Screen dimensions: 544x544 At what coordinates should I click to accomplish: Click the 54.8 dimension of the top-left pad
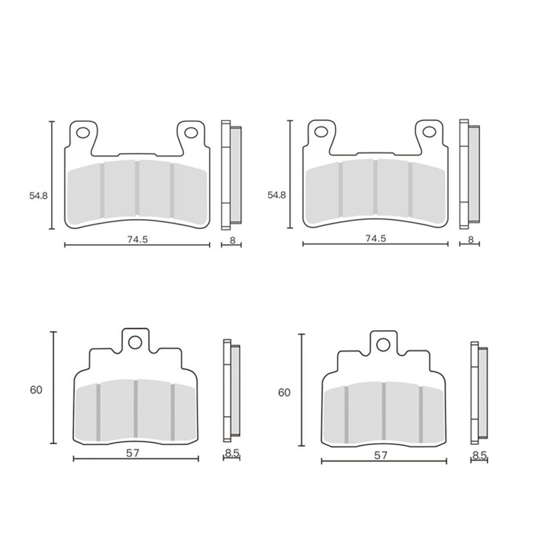tap(38, 196)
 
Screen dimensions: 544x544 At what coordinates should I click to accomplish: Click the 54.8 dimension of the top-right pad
tap(277, 195)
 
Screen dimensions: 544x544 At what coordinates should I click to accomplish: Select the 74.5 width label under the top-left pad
tap(137, 239)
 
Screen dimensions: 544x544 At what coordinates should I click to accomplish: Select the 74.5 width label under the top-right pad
tap(376, 239)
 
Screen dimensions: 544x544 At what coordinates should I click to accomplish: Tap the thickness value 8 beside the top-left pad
tap(233, 240)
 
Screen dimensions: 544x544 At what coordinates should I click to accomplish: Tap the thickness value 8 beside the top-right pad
tap(471, 239)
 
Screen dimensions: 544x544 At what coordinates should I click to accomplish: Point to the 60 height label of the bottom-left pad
tap(36, 390)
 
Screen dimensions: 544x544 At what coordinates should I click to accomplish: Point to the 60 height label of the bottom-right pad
tap(284, 393)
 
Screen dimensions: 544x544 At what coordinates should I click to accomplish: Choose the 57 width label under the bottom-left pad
tap(133, 453)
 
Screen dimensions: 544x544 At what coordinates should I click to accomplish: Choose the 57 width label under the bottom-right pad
tap(381, 455)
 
